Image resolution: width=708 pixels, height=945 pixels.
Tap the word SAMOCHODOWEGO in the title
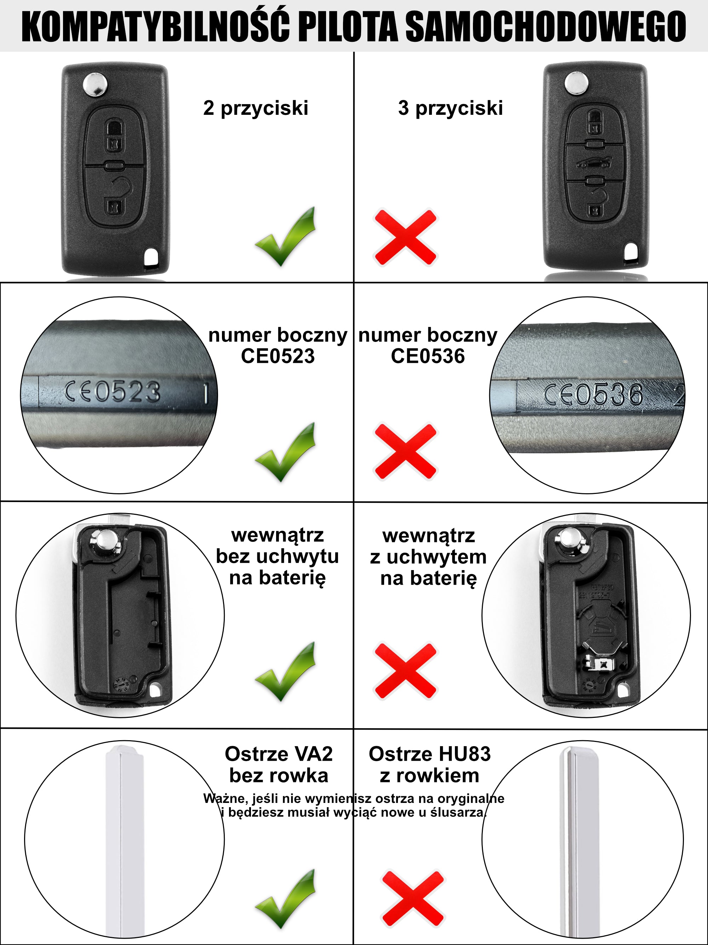pyautogui.click(x=546, y=27)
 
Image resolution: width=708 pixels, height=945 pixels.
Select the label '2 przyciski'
pyautogui.click(x=256, y=108)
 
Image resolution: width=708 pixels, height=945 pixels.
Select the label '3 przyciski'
pyautogui.click(x=450, y=108)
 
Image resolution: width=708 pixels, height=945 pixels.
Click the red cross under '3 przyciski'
pyautogui.click(x=405, y=237)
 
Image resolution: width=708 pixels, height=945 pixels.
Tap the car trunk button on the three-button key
pyautogui.click(x=594, y=163)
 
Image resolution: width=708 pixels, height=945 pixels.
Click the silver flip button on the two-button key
pyautogui.click(x=95, y=84)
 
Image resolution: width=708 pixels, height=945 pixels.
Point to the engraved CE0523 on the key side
pyautogui.click(x=113, y=391)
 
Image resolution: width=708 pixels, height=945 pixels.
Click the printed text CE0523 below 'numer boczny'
pyautogui.click(x=278, y=356)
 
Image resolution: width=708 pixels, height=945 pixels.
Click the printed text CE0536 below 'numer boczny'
pyautogui.click(x=428, y=356)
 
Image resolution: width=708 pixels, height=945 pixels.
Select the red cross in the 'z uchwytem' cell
pyautogui.click(x=405, y=671)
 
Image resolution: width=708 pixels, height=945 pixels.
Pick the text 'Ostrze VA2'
pyautogui.click(x=279, y=754)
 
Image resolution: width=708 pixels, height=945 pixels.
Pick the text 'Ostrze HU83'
pyautogui.click(x=429, y=754)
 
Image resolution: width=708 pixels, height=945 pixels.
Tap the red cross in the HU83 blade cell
pyautogui.click(x=412, y=899)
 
